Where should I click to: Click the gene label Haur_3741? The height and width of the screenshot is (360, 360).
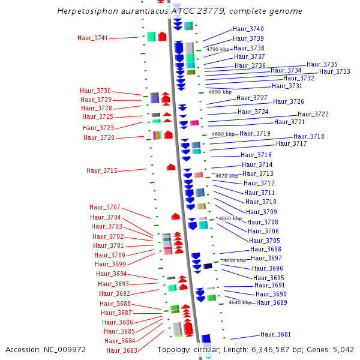point(93,38)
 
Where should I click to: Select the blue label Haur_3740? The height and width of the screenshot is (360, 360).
point(248,29)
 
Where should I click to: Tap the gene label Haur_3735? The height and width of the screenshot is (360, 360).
point(322,64)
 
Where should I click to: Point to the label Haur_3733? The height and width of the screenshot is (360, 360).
point(335,71)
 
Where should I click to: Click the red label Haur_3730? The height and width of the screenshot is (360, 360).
point(95,91)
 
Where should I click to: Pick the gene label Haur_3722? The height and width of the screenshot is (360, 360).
point(313,114)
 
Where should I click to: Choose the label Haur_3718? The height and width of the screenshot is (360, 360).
point(309,136)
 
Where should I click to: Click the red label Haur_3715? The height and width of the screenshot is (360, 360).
point(102,170)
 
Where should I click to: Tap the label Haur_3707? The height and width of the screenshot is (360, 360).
point(105,207)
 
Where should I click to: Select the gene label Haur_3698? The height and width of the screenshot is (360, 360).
point(266,249)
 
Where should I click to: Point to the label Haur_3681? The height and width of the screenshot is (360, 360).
point(275,334)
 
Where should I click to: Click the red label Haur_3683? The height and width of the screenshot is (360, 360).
point(122,350)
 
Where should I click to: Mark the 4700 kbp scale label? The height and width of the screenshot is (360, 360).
point(218,49)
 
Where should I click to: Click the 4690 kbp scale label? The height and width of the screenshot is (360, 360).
point(220,92)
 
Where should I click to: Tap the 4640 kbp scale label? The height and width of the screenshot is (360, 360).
point(240,302)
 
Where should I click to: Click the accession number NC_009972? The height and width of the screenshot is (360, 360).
point(65,350)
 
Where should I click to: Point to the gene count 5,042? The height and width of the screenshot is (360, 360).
point(343,350)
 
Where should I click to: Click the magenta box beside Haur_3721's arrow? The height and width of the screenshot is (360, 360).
point(194,123)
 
